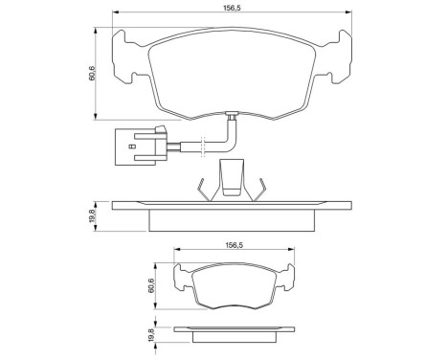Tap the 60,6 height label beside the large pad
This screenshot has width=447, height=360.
(x=91, y=73)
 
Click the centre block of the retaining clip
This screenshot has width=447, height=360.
(x=231, y=178)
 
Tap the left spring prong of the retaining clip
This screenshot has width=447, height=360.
(x=202, y=190)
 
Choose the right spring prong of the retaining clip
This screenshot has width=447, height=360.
(x=257, y=190)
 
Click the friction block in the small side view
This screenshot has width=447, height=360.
(x=233, y=336)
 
